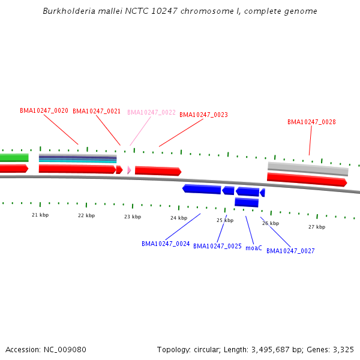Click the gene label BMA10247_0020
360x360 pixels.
point(44,110)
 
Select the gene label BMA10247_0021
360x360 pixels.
point(97,111)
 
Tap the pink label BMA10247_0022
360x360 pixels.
point(151,112)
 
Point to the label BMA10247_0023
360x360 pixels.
point(203,115)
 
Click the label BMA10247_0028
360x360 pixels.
point(311,122)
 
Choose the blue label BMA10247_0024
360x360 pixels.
point(166,244)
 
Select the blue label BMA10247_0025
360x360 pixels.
point(217,246)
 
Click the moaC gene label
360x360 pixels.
point(254,247)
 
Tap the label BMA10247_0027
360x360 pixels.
point(290,251)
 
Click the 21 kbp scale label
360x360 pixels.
point(40,214)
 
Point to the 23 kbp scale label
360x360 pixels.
point(133,217)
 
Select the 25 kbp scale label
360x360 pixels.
point(225,220)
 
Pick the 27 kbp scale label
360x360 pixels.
point(317,227)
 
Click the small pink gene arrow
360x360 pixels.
point(128,170)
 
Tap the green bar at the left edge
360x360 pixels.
point(14,157)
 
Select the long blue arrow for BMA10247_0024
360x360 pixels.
point(202,189)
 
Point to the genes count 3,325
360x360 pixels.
point(343,349)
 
